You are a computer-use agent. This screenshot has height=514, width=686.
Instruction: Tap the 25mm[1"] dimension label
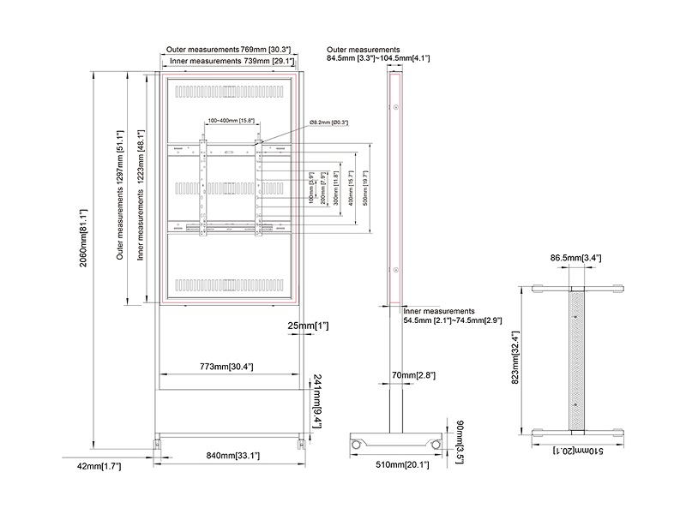(309, 326)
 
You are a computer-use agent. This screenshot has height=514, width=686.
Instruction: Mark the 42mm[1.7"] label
(100, 466)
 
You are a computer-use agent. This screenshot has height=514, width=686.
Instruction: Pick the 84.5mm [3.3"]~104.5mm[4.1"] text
(378, 58)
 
